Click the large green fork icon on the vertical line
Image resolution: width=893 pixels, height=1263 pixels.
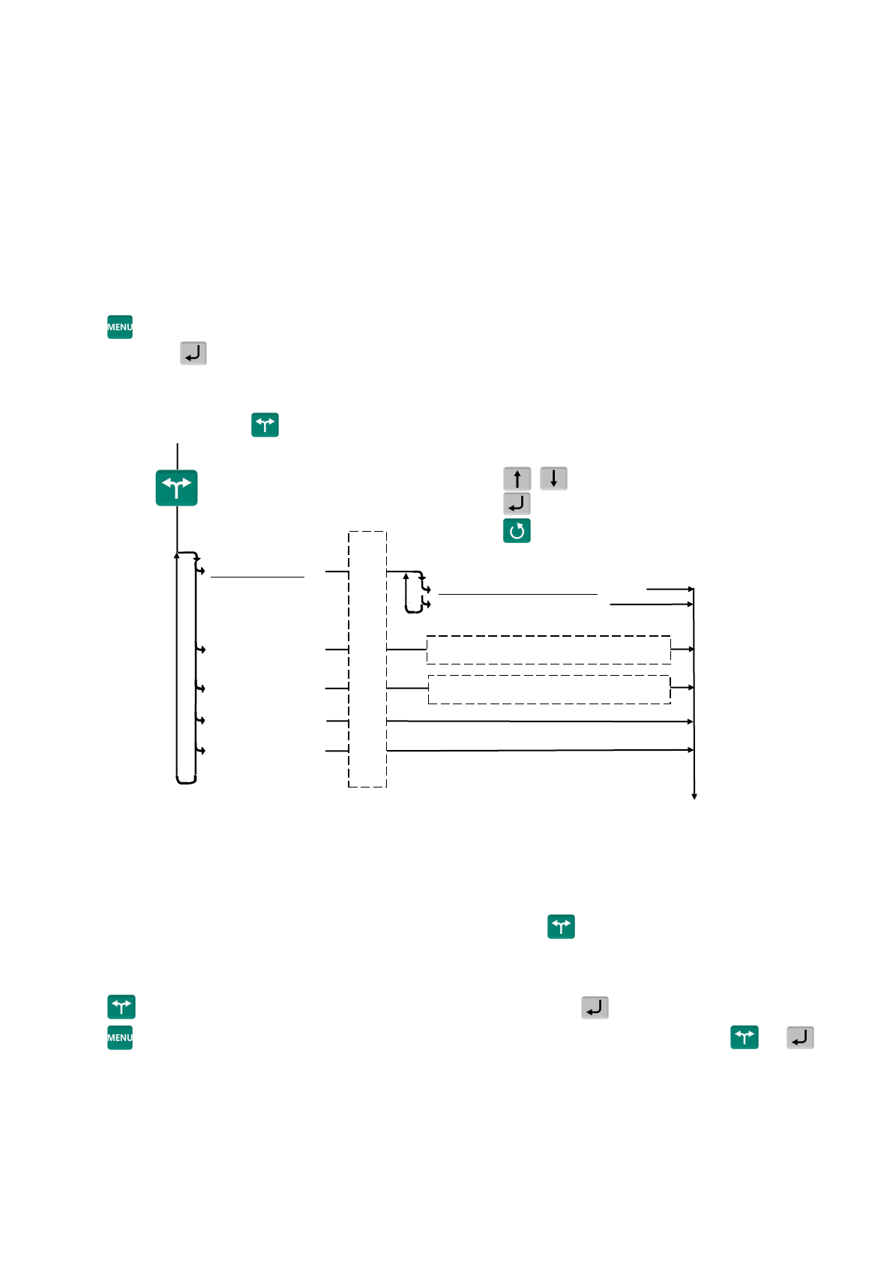pos(176,487)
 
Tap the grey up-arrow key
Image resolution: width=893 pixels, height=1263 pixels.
pos(517,478)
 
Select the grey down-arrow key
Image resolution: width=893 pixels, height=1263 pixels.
pos(553,478)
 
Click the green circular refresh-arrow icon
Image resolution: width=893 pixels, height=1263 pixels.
pos(517,530)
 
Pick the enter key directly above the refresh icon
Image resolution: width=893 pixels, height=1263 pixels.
pos(517,503)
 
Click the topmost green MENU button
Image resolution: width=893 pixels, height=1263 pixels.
pos(120,327)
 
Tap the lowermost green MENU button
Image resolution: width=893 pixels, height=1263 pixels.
pos(120,1037)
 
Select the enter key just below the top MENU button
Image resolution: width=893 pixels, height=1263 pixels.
pos(193,353)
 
